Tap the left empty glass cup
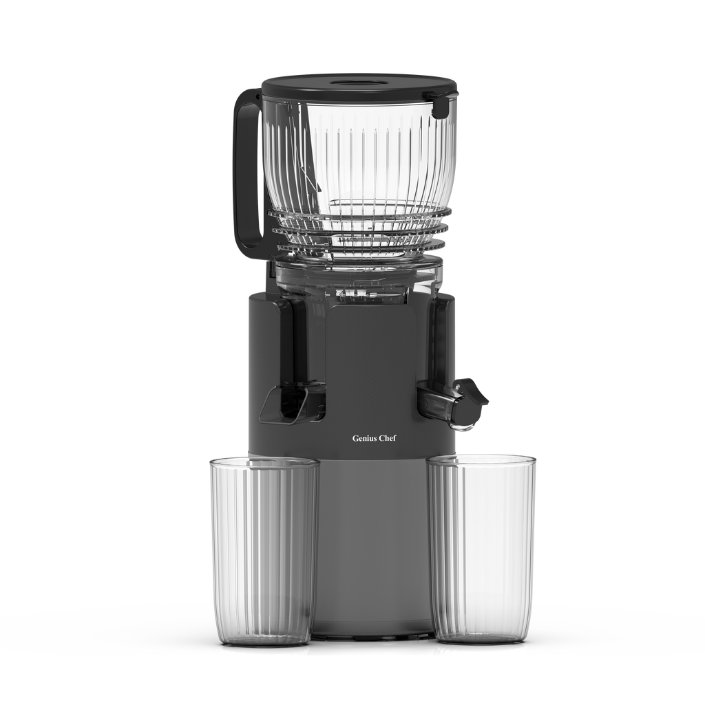coord(263,550)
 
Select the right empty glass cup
coord(482,547)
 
